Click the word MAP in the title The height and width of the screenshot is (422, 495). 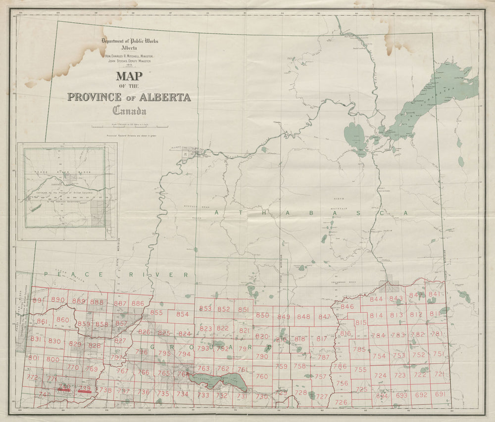(129, 77)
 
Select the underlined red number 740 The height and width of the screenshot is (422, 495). (63, 386)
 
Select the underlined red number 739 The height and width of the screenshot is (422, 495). (85, 388)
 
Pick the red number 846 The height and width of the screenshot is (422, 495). (347, 307)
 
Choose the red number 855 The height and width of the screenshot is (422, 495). (156, 313)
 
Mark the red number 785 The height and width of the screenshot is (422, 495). (359, 349)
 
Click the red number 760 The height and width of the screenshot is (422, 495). (261, 376)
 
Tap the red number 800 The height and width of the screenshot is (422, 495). (52, 359)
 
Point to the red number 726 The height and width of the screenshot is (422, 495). (341, 402)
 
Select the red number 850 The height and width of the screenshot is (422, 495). (262, 316)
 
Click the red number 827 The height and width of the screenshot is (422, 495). (120, 341)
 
